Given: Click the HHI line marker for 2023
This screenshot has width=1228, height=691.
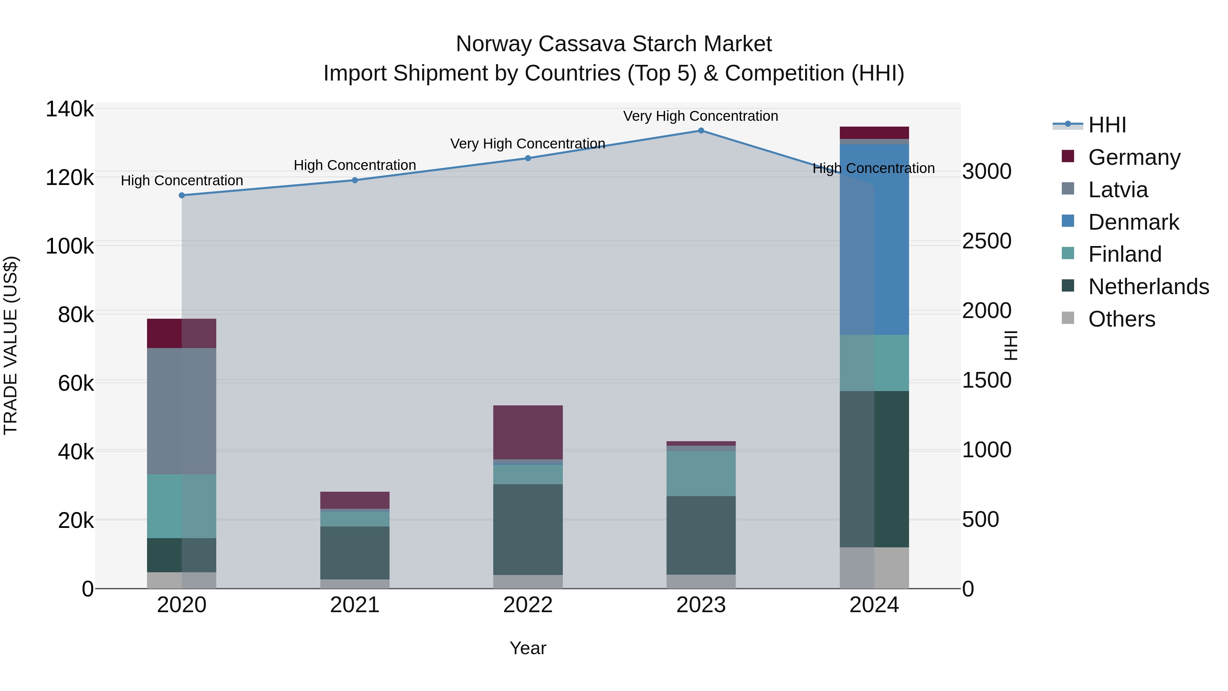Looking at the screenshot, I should click(701, 131).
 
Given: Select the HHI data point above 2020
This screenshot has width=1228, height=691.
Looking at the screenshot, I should click(181, 196).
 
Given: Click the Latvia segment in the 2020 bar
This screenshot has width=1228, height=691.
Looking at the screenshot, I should click(181, 411).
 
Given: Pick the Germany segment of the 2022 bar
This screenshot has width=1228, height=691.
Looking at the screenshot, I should click(528, 432).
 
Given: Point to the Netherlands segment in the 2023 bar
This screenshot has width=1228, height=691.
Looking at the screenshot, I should click(701, 535).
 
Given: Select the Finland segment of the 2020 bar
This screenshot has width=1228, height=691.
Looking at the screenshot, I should click(181, 506).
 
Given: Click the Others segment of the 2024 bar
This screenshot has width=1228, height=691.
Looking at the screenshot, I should click(874, 567).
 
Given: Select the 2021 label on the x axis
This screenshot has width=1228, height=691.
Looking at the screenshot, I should click(355, 605).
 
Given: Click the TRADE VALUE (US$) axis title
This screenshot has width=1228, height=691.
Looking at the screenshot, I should click(11, 345).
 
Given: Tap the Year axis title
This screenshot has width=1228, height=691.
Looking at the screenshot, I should click(528, 648).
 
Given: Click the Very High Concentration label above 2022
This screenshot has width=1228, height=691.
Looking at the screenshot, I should click(528, 144).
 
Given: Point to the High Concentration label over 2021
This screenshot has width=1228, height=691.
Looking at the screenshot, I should click(355, 165).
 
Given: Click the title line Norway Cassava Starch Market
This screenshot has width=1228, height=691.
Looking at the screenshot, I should click(614, 44).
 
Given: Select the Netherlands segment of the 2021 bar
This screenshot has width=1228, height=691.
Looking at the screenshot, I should click(355, 553).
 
